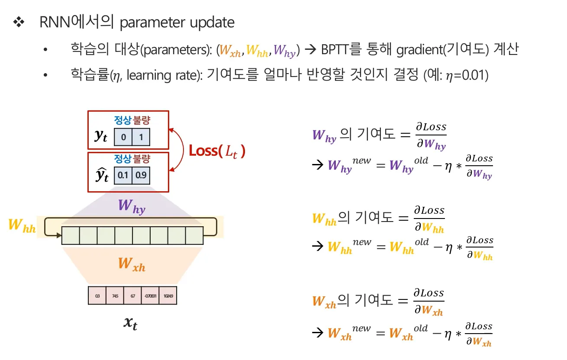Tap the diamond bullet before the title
pos(19,22)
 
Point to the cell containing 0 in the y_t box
pos(123,137)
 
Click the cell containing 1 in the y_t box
pos(141,137)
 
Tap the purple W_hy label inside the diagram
pos(132,206)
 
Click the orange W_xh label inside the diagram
pos(132,264)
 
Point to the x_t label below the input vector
pos(130,323)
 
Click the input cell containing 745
pos(115,296)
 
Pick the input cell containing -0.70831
pos(150,296)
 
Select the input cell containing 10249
pos(168,296)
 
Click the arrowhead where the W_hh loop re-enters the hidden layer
pos(59,235)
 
